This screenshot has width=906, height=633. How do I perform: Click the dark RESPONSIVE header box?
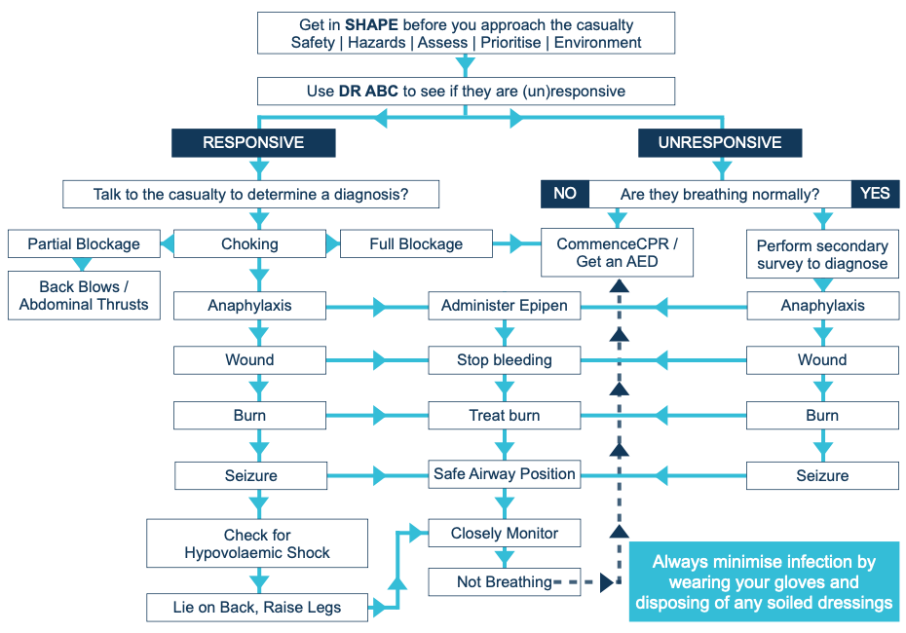coord(253,143)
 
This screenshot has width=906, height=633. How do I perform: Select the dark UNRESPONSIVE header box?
coord(720,143)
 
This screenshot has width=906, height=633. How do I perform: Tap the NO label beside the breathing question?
coord(565,194)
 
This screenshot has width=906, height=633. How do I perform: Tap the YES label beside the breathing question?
coord(875,194)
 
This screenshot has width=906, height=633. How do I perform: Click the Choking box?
coord(249,244)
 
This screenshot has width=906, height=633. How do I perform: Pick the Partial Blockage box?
coord(84,244)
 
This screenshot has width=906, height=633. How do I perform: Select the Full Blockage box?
coord(416,244)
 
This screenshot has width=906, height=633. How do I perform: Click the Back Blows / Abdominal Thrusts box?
coord(84,296)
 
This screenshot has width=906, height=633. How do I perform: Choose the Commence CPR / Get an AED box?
coord(617,253)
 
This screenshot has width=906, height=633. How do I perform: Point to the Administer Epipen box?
coord(505,306)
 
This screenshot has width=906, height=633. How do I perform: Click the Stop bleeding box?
coord(505,360)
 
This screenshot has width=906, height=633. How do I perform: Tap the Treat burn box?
coord(505,416)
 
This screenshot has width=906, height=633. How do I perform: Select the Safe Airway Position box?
coord(505,474)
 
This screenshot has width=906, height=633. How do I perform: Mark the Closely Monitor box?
coord(505,534)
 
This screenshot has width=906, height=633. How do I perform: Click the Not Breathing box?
coord(505,582)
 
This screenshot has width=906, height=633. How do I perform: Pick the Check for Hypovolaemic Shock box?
coord(257,543)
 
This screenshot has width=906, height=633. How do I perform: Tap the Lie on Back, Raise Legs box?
coord(257,608)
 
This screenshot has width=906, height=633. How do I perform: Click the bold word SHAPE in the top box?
coord(373,24)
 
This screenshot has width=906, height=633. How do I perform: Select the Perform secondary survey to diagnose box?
coord(822,254)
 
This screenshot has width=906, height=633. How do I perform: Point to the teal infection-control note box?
coord(764,582)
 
